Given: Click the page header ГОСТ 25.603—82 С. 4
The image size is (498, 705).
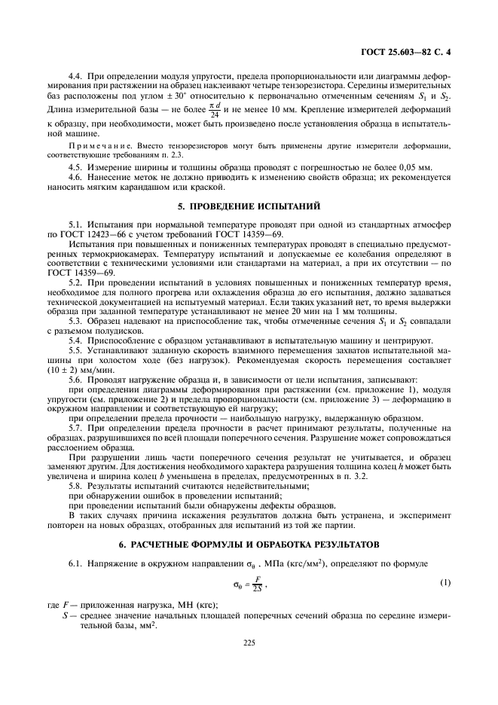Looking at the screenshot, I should pos(407,52).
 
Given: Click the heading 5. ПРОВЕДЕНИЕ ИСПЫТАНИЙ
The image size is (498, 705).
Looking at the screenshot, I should pos(249,205).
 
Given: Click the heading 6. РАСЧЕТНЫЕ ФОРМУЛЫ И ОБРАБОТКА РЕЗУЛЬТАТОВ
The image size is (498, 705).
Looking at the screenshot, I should pos(249,544).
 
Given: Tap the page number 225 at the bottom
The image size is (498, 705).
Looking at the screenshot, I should pos(249,642).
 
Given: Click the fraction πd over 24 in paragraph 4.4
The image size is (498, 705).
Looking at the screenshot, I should pos(194,111).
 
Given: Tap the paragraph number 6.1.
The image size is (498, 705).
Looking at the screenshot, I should pos(76,563).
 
